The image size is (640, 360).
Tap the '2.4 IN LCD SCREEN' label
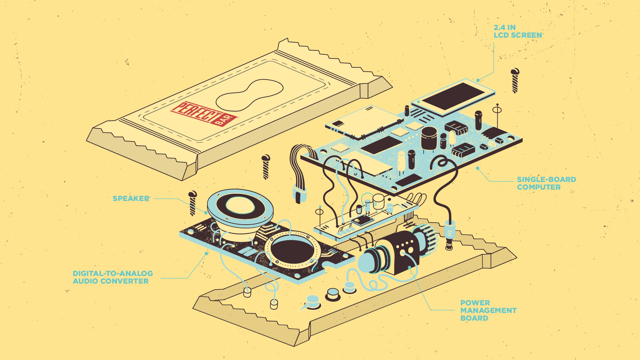pos(517,31)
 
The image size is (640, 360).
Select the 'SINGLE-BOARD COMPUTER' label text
pos(546,183)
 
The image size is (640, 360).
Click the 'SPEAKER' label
pos(131,199)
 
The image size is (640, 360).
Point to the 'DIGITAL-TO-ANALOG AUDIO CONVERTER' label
pos(113,277)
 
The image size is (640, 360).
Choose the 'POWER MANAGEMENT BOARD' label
pos(488,310)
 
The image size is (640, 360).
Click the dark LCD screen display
pos(453,96)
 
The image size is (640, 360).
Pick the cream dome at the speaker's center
pos(240,205)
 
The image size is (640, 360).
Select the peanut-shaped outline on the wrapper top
pos(249,95)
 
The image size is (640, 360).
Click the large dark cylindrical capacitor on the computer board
pos(429,138)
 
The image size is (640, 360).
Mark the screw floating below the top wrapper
pos(266,167)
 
